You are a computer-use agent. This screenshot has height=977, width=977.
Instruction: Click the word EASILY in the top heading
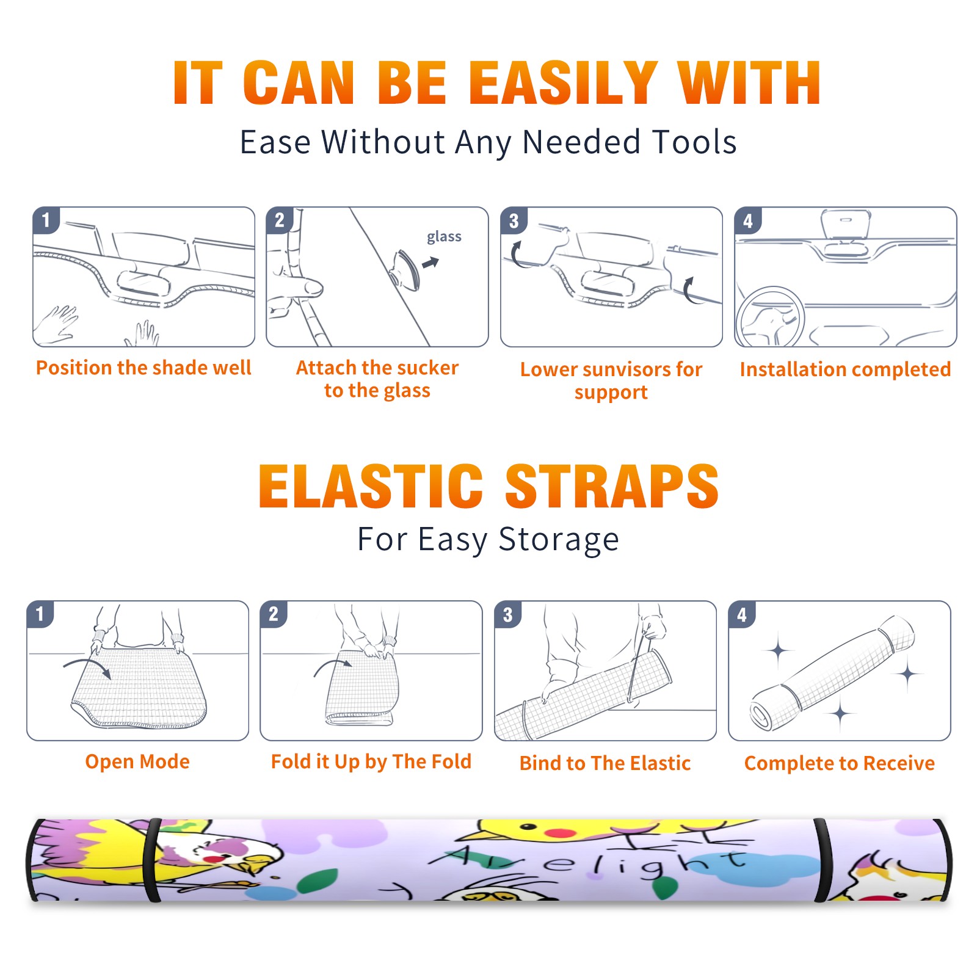tap(564, 83)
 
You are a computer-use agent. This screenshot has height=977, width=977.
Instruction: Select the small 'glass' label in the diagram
tap(444, 237)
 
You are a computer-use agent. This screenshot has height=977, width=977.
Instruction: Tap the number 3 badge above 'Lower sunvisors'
tap(514, 220)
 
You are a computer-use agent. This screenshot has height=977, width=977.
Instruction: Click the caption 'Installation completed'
tap(845, 369)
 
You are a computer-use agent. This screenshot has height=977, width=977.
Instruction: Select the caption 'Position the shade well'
tap(143, 368)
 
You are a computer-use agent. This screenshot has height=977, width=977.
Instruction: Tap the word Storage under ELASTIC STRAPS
tap(559, 540)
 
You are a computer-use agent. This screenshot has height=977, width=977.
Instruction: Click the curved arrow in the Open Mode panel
tap(87, 666)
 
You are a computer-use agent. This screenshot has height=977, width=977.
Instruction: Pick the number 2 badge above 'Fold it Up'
tap(273, 614)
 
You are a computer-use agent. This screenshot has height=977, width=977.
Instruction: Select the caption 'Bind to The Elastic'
tap(605, 763)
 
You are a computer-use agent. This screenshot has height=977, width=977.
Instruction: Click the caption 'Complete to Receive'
tap(840, 763)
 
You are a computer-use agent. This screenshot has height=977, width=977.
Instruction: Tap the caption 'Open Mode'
tap(137, 761)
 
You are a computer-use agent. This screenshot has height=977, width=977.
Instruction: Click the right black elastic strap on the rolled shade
tap(822, 860)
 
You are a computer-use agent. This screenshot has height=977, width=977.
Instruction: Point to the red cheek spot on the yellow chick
tap(560, 832)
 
